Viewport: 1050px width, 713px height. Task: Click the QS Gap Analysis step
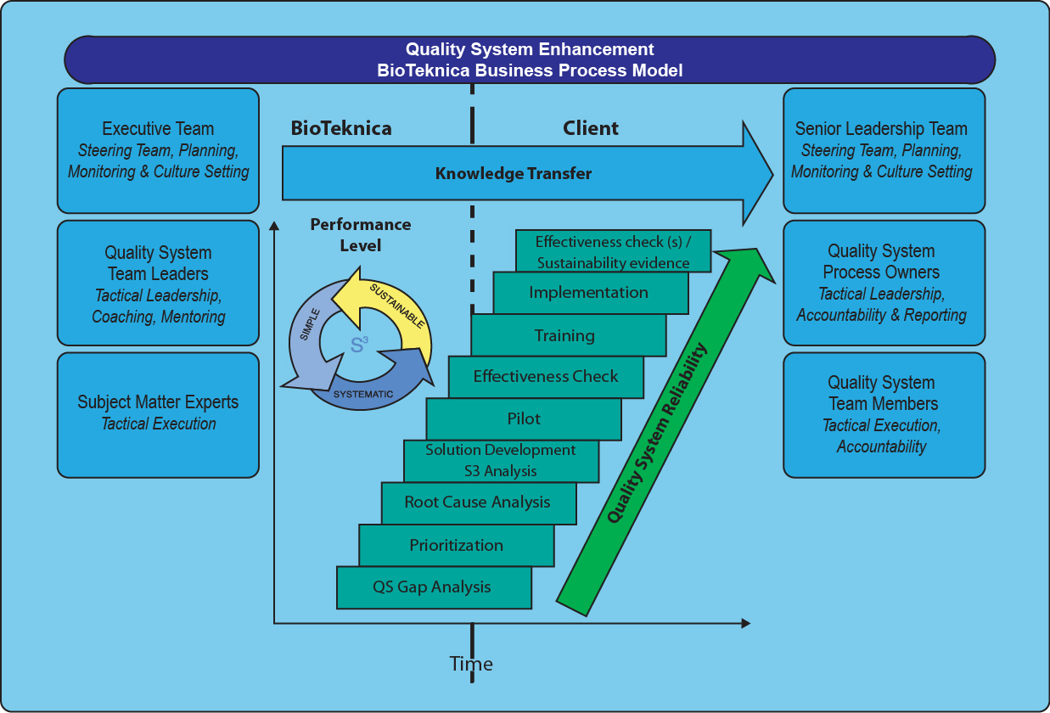(432, 587)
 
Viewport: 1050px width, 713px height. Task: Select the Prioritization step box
(456, 545)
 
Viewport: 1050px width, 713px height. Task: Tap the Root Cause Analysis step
(477, 502)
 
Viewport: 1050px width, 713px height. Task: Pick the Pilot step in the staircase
(524, 418)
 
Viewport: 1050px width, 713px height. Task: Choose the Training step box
(564, 335)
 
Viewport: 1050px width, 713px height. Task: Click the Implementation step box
(588, 293)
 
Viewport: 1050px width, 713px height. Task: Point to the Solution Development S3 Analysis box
(500, 460)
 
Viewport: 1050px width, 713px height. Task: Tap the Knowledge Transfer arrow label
(513, 174)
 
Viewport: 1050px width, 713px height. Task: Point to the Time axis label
(471, 664)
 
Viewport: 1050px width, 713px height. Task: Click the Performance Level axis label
(360, 235)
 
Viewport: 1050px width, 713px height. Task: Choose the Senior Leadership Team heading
(881, 129)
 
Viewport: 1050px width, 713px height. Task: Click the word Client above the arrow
(591, 128)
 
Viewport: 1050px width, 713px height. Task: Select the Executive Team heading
(158, 129)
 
